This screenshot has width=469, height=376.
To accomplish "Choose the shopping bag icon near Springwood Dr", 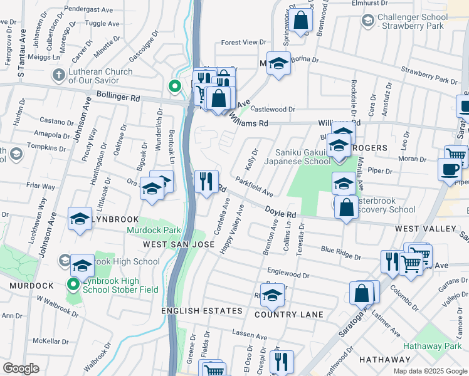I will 301,20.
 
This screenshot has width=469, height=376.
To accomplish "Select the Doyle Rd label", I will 280,212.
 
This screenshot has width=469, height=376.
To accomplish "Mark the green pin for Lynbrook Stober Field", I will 73,285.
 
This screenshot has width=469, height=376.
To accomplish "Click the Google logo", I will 21,368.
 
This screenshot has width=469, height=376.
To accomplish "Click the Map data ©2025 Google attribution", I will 430,371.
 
